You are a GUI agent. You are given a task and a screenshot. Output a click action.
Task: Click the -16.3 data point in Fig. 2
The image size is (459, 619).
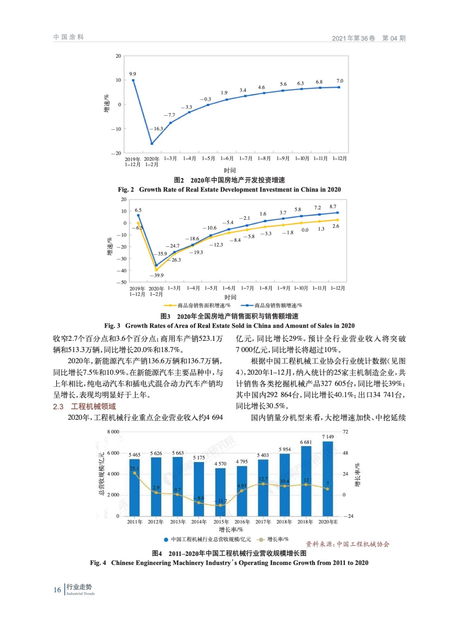pyautogui.click(x=152, y=144)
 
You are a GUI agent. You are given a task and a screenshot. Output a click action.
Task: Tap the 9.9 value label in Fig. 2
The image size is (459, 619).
pyautogui.click(x=133, y=74)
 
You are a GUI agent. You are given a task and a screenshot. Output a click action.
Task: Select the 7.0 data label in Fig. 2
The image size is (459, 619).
pyautogui.click(x=340, y=81)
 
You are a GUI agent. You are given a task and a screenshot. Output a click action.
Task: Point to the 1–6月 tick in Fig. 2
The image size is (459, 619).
pyautogui.click(x=227, y=159)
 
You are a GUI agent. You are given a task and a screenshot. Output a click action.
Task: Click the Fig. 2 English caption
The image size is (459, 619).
pyautogui.click(x=229, y=190)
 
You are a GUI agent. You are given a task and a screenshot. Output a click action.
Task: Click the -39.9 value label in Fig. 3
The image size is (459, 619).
pyautogui.click(x=157, y=275)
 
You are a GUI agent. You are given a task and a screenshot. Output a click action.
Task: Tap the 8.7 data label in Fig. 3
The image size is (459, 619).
pyautogui.click(x=333, y=207)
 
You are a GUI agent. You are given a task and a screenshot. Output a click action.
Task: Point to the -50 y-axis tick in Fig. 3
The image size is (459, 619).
pyautogui.click(x=121, y=282)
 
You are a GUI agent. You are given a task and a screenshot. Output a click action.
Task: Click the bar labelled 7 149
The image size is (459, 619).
pyautogui.click(x=328, y=479)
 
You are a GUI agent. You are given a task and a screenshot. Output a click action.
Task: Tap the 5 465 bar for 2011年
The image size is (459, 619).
pyautogui.click(x=134, y=487)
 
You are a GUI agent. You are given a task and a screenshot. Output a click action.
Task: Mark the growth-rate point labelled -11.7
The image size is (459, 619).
pyautogui.click(x=220, y=505)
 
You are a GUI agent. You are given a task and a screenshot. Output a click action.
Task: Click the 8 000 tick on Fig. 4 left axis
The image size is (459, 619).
pyautogui.click(x=113, y=432)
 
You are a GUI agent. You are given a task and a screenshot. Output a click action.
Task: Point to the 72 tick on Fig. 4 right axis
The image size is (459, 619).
pyautogui.click(x=345, y=432)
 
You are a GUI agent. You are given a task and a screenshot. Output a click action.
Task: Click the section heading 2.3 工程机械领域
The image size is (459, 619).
pyautogui.click(x=84, y=407)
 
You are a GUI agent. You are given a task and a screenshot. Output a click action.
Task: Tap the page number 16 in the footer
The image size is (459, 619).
pyautogui.click(x=57, y=590)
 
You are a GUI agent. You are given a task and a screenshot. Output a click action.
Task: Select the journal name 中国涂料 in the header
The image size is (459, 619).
pyautogui.click(x=68, y=37)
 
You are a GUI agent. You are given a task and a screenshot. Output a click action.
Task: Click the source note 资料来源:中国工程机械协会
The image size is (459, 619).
pyautogui.click(x=348, y=544)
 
